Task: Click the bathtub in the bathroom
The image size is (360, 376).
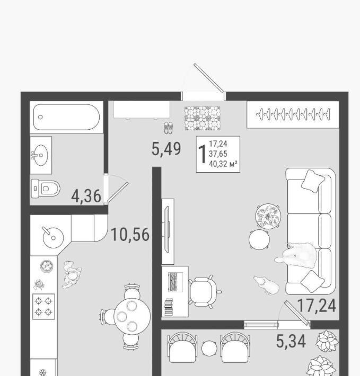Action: point(66,117)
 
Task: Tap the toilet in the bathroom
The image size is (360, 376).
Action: point(46,189)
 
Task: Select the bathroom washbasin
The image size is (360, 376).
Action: point(40,155)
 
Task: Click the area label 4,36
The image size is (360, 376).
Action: point(86,196)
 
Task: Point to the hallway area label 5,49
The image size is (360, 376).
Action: point(166,149)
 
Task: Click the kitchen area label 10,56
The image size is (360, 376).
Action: point(130,235)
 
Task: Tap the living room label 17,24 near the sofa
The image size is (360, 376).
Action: point(317,306)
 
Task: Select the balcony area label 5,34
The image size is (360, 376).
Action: point(291,341)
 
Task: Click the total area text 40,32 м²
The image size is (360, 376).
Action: point(223,164)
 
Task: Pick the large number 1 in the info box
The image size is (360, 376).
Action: point(203,154)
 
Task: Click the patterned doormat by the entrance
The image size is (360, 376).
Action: point(203,118)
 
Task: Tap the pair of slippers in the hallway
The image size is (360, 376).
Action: point(168,128)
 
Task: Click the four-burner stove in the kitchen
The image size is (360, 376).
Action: point(43,307)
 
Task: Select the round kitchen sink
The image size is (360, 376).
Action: point(53,238)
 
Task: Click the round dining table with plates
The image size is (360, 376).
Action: point(132,316)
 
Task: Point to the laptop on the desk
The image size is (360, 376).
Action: point(175,282)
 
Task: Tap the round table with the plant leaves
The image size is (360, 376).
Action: point(268,216)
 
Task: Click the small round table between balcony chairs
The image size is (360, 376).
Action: point(209,348)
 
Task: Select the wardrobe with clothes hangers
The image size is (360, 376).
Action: point(293,114)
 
